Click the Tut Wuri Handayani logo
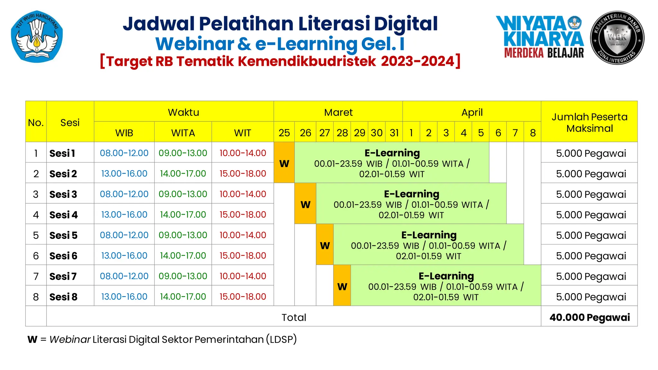37,36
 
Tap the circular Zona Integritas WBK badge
617,38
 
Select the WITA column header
183,133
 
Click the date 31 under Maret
394,133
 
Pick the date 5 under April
481,133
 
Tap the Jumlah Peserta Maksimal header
589,122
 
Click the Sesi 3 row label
63,194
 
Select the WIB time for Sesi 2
124,174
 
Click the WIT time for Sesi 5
243,235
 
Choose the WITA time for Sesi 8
183,296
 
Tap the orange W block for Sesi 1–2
284,163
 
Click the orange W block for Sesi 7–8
342,286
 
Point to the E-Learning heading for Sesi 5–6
429,235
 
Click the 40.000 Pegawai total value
589,317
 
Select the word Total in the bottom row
294,317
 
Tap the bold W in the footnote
32,339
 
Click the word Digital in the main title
405,24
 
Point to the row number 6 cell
36,256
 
